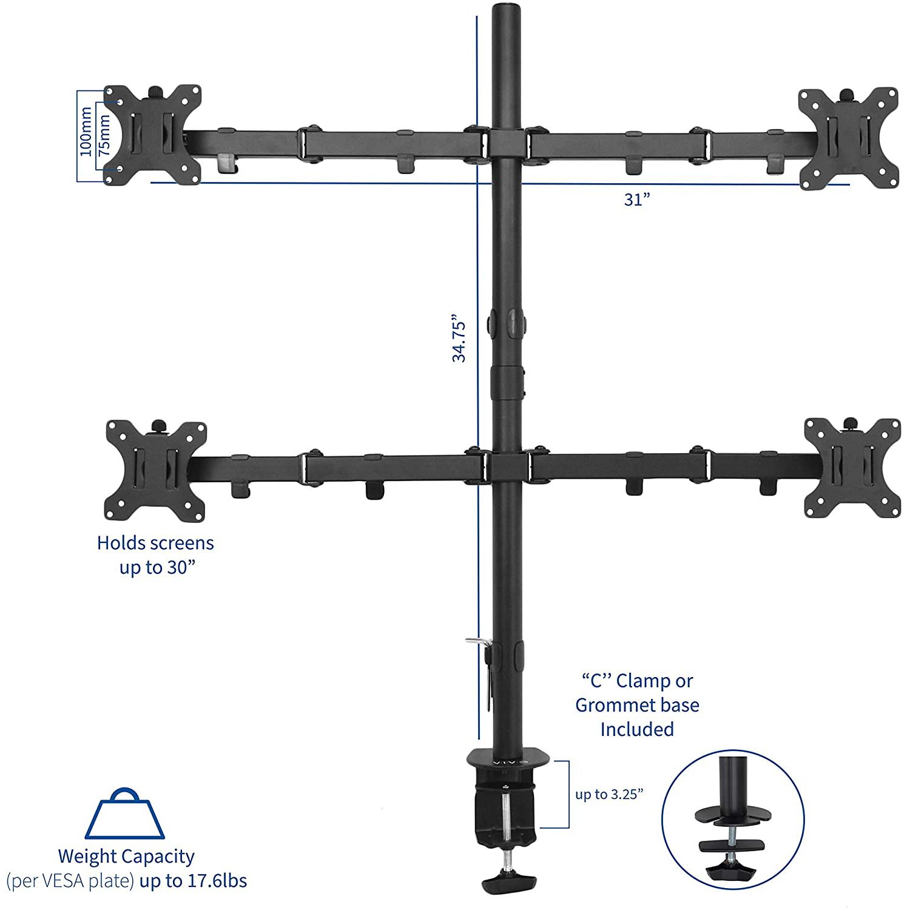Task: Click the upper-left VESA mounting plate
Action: click(152, 135)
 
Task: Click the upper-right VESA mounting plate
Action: click(848, 138)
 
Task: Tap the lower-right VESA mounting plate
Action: click(852, 467)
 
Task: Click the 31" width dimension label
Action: click(637, 200)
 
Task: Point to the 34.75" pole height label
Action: click(459, 338)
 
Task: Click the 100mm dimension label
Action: click(86, 132)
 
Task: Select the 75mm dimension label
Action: click(104, 135)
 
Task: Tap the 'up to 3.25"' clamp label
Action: click(609, 794)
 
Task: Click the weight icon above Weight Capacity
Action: click(124, 814)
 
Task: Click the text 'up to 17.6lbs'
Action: click(193, 880)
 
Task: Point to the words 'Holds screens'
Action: click(155, 542)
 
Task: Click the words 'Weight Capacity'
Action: click(126, 856)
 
